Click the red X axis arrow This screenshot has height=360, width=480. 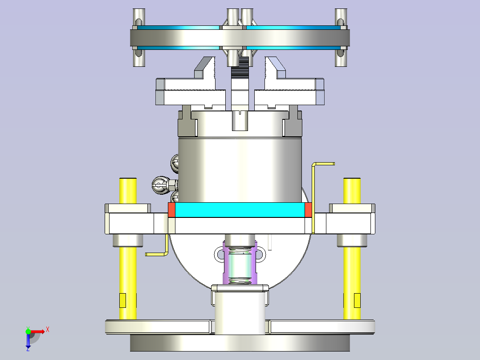pos(37,331)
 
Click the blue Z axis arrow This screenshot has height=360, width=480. pos(28,341)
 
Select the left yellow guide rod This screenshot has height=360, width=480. pos(128,249)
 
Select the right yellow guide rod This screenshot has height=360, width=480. pos(352,249)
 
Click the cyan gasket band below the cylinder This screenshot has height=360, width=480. pos(240,210)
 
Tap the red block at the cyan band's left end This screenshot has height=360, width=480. pos(171,210)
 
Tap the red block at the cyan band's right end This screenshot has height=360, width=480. pos(308,210)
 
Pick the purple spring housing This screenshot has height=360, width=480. pos(240,263)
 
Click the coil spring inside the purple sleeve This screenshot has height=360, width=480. pos(240,265)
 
